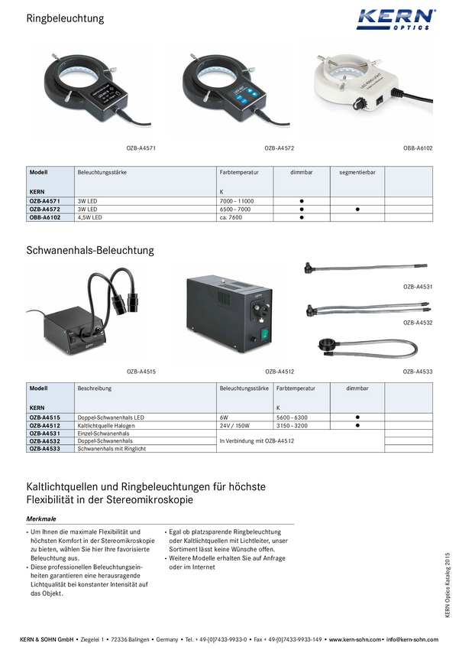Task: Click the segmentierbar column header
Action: click(x=357, y=173)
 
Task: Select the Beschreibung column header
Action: click(x=95, y=388)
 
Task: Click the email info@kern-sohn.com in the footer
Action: click(x=412, y=639)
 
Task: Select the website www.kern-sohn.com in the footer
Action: click(x=354, y=639)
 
